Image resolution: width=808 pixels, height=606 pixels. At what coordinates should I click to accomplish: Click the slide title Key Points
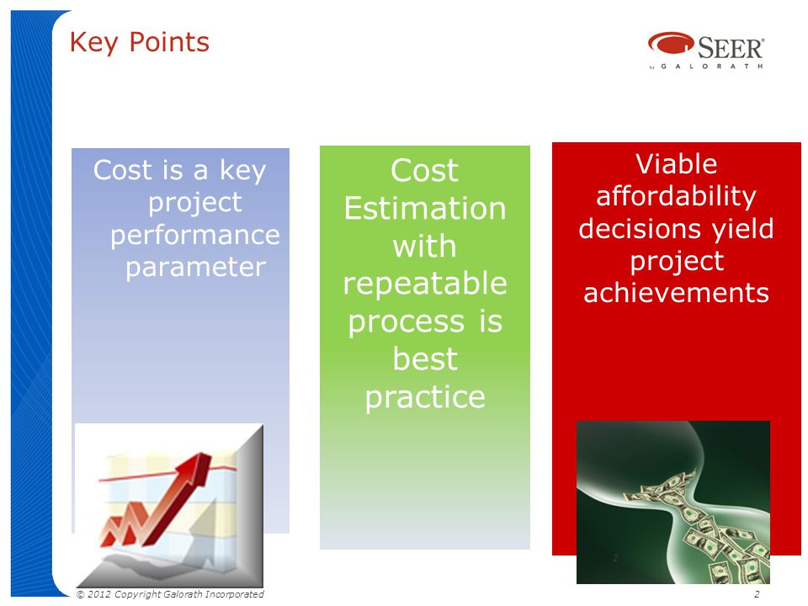pos(140,42)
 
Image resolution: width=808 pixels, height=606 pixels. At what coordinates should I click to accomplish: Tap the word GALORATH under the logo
pos(712,66)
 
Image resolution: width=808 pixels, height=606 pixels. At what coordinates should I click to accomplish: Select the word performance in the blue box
pos(194,236)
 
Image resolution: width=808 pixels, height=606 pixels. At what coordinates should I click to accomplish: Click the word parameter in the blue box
pos(196,268)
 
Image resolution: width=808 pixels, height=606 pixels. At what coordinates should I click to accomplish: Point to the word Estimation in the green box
pos(425,208)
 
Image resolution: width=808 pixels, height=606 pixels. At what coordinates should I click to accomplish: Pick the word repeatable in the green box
pos(425,284)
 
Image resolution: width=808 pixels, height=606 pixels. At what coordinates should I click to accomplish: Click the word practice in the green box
pos(425,397)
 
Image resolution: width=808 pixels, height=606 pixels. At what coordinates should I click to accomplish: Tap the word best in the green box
pos(425,359)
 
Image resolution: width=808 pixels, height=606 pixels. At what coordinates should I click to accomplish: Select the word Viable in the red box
pos(676,164)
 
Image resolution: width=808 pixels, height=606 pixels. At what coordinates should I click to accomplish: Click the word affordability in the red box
pos(676,197)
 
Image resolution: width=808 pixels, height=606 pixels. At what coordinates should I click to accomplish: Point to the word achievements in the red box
pos(676,293)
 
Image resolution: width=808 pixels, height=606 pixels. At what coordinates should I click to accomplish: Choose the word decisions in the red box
pos(639,228)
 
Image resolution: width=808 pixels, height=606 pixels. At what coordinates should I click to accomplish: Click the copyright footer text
pos(170,594)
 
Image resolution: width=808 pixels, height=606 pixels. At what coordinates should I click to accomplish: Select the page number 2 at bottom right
pos(757,594)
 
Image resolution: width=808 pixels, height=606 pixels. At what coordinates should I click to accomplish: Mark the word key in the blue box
pos(242,171)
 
